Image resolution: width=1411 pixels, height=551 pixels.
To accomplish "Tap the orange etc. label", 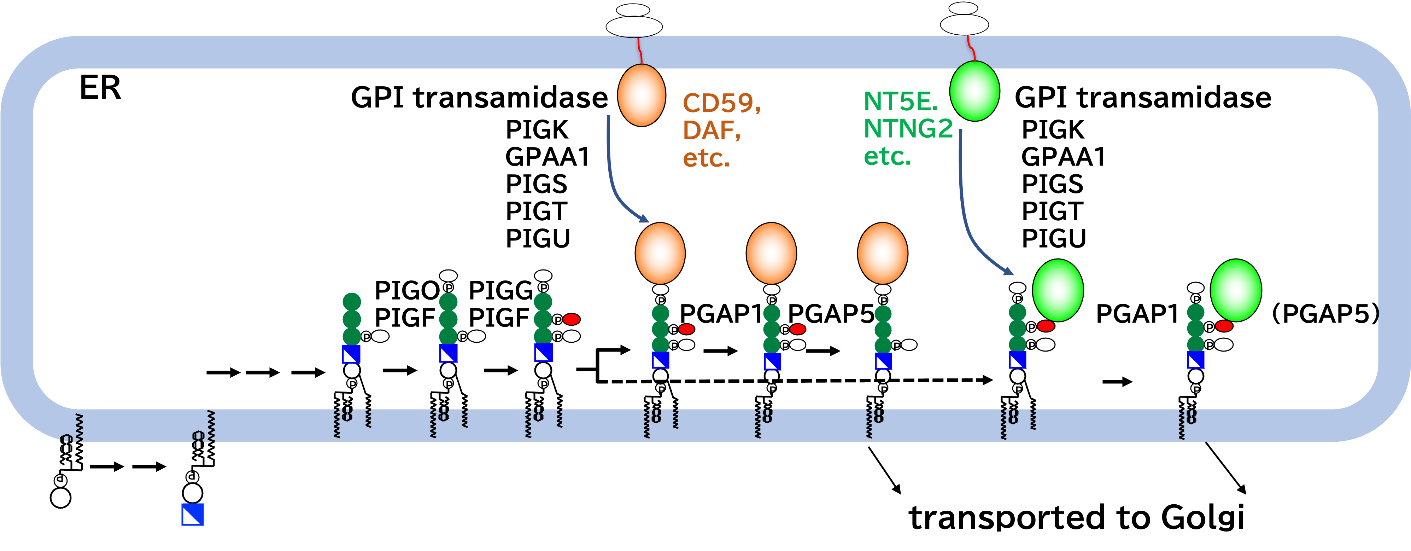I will (706, 158).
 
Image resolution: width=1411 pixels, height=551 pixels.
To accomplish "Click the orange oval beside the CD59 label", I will (642, 95).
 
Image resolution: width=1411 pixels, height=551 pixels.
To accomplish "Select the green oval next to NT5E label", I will (974, 91).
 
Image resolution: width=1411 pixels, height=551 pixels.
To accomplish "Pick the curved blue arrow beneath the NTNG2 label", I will (970, 219).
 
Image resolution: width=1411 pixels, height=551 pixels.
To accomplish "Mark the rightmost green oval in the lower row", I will (1236, 290).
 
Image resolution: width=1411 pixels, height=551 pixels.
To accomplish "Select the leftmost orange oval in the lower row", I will (660, 253).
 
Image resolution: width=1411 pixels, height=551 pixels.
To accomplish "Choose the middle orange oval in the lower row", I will (771, 253).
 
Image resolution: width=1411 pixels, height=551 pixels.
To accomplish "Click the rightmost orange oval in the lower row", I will (883, 253).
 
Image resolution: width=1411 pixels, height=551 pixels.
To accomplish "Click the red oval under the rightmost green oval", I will (1224, 326).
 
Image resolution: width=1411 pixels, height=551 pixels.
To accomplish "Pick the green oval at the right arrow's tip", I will (1058, 290).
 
